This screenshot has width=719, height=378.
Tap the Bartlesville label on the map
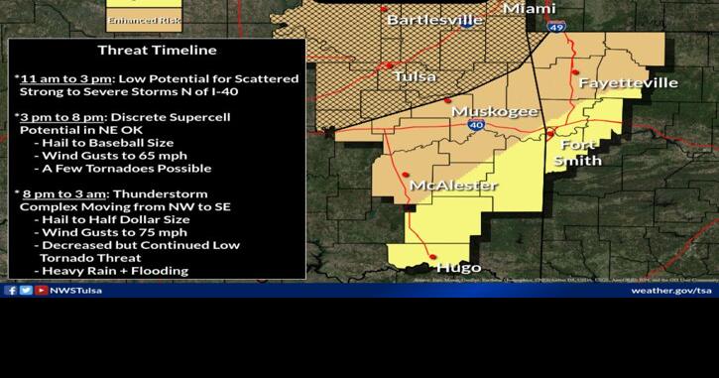432,20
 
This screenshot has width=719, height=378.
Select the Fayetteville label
629,82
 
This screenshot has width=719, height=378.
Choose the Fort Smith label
578,152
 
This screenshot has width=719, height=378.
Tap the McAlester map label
453,186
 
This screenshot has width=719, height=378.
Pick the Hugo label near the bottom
459,267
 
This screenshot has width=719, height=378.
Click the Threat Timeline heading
157,50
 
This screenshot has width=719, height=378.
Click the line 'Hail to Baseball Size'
109,143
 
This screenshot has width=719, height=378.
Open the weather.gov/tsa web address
671,291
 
